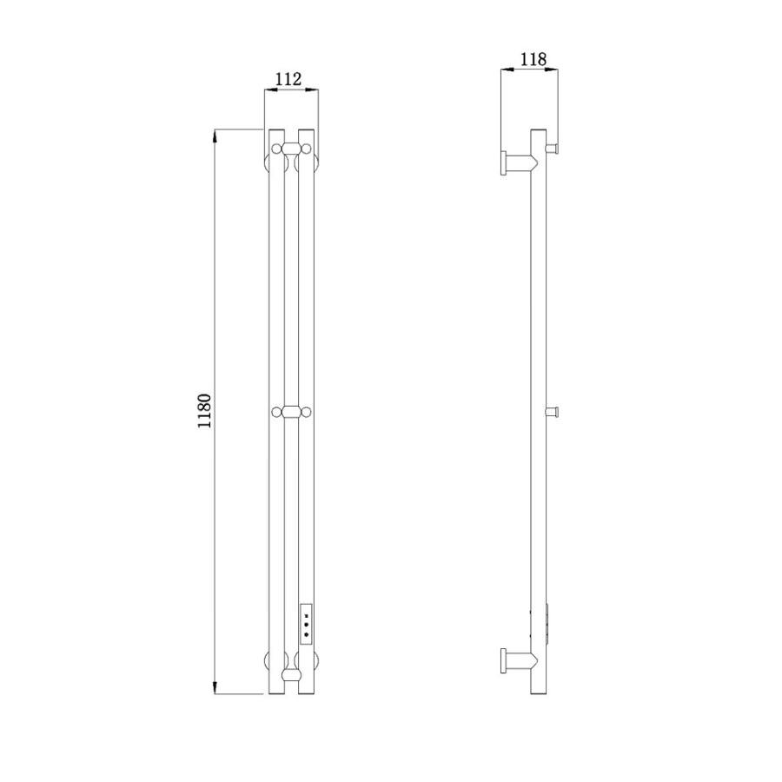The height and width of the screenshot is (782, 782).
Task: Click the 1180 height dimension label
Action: coord(205,411)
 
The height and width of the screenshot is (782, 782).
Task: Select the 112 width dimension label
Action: coord(288,79)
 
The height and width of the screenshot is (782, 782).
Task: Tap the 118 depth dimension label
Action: coord(533,59)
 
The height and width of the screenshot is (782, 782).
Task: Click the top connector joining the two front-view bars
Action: coord(291,149)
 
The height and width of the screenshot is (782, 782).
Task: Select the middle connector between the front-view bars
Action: coord(291,412)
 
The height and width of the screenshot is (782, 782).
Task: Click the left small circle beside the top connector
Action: coord(276,149)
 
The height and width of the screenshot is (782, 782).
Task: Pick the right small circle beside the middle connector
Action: coord(306,412)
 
